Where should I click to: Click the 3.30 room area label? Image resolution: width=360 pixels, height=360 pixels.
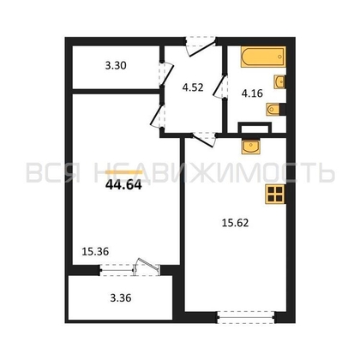116,66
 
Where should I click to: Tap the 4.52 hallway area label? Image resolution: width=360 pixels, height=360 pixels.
193,87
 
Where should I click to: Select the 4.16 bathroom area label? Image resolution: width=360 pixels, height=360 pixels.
252,93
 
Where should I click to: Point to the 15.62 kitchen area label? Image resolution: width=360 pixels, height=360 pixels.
236,223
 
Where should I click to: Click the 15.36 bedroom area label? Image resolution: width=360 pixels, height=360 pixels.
95,251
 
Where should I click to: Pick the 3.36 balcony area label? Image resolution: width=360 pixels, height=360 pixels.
121,298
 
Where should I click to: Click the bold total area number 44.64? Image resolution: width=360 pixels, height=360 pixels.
123,186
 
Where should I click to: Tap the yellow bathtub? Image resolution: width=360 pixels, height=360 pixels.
263,57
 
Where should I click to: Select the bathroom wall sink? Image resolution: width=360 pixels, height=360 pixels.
279,82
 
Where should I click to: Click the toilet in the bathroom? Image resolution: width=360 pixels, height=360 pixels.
276,110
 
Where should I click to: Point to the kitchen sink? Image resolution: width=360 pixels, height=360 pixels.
251,147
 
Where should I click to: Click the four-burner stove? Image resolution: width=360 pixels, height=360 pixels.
275,195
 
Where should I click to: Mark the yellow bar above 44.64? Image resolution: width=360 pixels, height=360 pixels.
123,172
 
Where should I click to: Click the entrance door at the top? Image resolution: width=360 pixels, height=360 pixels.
200,46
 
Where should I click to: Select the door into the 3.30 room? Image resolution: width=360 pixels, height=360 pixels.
166,74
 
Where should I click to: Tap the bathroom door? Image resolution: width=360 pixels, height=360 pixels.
220,87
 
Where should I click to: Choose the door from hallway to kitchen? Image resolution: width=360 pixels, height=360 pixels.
203,139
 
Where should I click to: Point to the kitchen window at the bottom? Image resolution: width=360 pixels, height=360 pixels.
246,317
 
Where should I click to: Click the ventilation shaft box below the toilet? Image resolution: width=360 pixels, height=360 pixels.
255,128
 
